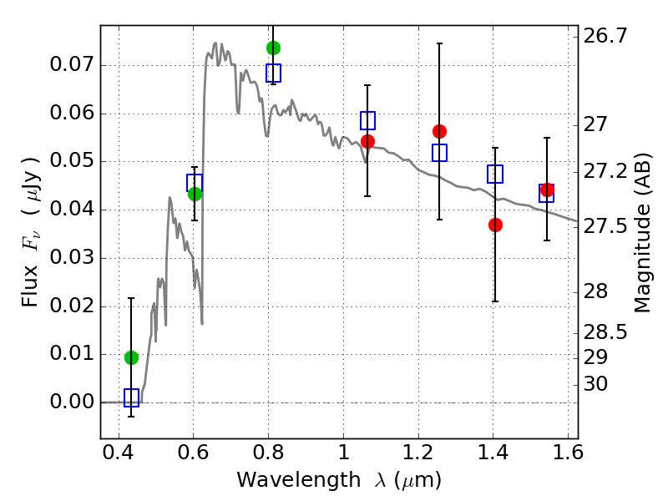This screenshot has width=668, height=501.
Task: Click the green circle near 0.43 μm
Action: [x=131, y=357]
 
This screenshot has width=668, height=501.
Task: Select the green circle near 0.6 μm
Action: [x=195, y=194]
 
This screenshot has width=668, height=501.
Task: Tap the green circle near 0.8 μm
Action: [x=273, y=48]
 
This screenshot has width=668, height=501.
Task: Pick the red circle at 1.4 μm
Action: [x=495, y=225]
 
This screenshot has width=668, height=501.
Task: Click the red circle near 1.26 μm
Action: [x=439, y=131]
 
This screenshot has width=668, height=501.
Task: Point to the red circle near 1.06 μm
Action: [x=367, y=141]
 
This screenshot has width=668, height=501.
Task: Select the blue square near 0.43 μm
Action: [x=131, y=397]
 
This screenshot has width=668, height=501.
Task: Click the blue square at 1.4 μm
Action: [x=495, y=175]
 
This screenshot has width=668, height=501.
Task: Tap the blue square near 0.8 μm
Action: [x=273, y=73]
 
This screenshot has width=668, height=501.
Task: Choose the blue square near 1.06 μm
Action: [x=367, y=120]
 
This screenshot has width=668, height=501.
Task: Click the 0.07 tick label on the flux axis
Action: [x=69, y=65]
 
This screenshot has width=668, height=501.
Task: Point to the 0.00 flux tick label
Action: [x=69, y=402]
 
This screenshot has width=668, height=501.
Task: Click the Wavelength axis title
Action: [x=339, y=480]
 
